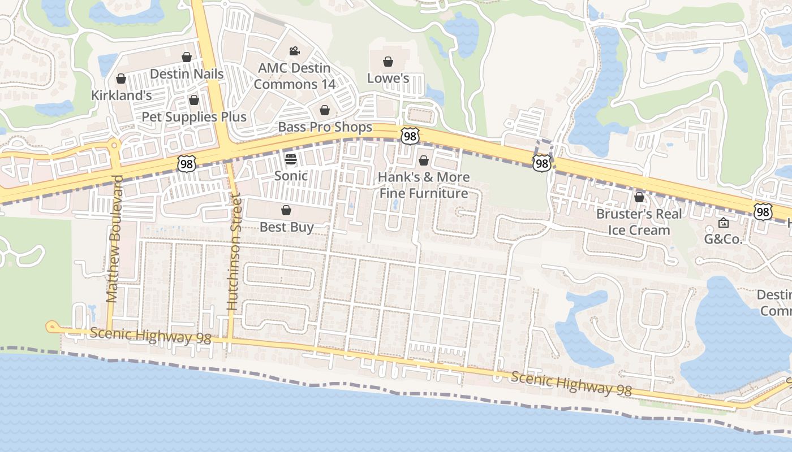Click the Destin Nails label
[187, 74]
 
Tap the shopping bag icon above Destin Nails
[187, 57]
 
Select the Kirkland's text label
[122, 95]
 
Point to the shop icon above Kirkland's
[121, 79]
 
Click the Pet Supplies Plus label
[194, 117]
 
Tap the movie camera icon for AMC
[294, 51]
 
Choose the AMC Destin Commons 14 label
[294, 76]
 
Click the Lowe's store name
[388, 78]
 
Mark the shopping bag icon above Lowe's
[388, 61]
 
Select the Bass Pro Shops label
[325, 127]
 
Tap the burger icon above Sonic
[291, 159]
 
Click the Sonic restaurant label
[291, 176]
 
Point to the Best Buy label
[286, 227]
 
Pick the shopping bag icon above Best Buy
[286, 211]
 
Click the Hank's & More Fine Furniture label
[424, 185]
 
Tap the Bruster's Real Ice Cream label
[639, 222]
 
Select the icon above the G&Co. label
[723, 223]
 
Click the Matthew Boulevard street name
[114, 238]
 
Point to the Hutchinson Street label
[233, 252]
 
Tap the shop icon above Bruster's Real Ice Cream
[639, 197]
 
